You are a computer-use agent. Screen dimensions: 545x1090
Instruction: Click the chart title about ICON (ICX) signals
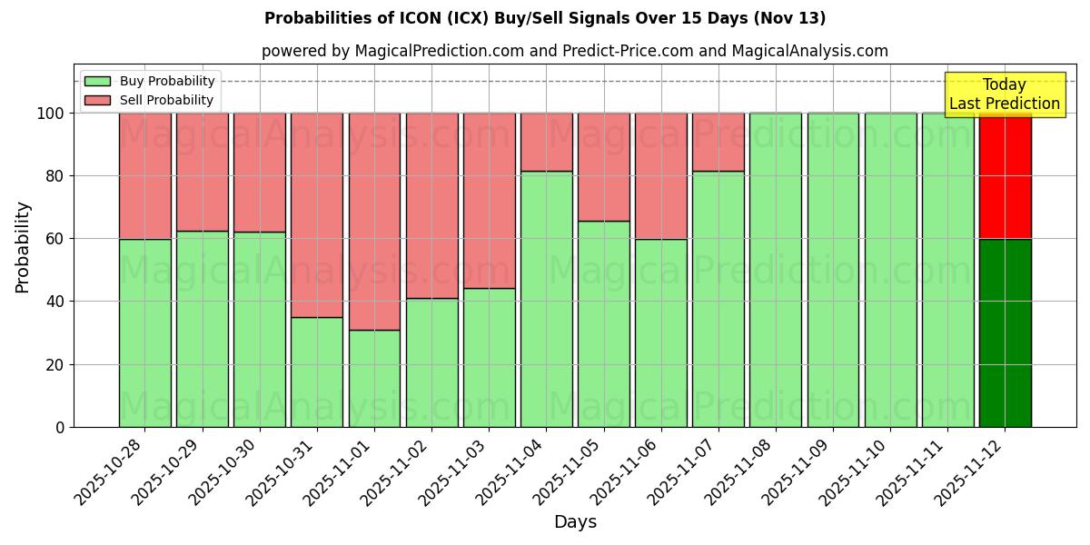[x=545, y=18]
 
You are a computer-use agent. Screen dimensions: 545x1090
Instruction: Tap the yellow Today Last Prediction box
[x=1004, y=94]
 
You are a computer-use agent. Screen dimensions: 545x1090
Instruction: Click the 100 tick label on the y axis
[x=50, y=114]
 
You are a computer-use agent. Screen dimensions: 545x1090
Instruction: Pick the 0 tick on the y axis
[x=60, y=427]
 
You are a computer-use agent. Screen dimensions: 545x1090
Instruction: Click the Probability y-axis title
[x=23, y=247]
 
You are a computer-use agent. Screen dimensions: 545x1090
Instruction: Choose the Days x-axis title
[x=575, y=522]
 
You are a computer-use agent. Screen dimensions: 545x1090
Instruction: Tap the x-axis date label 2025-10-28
[x=109, y=472]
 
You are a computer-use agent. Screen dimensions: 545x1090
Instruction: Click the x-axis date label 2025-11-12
[x=969, y=472]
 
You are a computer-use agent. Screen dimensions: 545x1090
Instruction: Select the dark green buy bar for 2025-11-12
[x=1005, y=332]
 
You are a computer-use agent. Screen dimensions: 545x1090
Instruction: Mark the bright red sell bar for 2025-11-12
[x=1005, y=175]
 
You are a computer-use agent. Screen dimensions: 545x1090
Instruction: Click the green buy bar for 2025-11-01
[x=374, y=378]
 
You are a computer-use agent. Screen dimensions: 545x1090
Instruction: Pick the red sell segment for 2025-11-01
[x=374, y=221]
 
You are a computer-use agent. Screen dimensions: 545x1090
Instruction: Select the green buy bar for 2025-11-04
[x=546, y=299]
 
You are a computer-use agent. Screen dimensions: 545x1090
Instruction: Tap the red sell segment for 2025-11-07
[x=718, y=142]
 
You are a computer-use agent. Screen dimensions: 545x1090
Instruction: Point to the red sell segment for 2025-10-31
[x=317, y=214]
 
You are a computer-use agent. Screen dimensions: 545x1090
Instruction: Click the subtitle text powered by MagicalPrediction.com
[x=574, y=51]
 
